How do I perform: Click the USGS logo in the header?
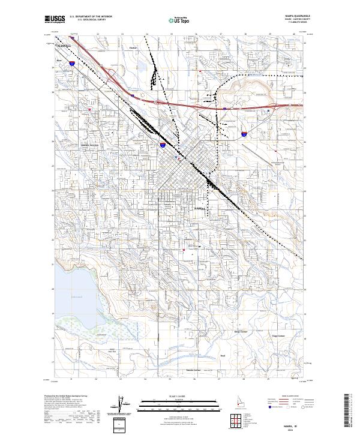pos(55,19)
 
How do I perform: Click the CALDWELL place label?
pos(62,45)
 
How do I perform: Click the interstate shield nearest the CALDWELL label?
pos(71,62)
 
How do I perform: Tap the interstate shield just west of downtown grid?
pos(163,145)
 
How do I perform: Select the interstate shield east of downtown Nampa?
pos(244,133)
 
